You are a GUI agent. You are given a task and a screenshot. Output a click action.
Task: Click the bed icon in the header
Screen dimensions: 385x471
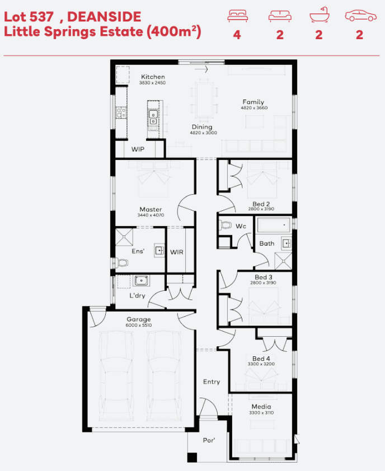237,16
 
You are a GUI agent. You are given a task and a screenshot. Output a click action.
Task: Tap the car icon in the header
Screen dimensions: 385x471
360,16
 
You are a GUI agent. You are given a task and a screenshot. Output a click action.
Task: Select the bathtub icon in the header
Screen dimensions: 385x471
319,15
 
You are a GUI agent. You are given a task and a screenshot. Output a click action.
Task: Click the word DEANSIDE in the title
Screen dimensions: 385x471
104,17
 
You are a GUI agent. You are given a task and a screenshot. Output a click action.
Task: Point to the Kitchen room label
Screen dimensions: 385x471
153,77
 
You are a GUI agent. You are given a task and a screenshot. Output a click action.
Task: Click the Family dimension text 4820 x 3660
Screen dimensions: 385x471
254,108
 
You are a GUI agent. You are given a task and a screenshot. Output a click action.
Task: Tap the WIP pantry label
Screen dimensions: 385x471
138,149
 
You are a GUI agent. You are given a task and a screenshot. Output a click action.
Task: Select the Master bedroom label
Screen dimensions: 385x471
151,209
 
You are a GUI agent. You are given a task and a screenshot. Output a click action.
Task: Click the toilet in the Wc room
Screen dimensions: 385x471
226,225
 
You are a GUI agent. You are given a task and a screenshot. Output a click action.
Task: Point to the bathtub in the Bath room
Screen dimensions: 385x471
274,225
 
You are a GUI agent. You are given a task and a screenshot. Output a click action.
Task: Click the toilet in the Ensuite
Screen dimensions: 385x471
120,263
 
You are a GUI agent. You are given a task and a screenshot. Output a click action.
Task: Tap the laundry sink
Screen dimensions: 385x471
141,281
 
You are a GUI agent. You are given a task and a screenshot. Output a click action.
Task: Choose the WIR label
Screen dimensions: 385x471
176,252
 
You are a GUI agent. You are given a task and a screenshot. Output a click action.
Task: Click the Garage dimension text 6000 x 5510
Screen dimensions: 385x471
139,326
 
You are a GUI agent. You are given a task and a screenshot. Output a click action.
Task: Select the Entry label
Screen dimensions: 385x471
212,382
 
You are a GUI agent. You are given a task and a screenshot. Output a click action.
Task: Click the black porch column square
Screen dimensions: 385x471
192,458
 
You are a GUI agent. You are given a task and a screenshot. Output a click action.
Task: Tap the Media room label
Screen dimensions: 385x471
261,407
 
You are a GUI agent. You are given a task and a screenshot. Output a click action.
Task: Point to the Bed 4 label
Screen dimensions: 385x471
261,359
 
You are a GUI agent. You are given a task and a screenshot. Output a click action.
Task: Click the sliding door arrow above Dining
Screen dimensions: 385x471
201,69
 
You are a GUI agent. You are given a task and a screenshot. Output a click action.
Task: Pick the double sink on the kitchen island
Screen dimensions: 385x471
153,117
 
